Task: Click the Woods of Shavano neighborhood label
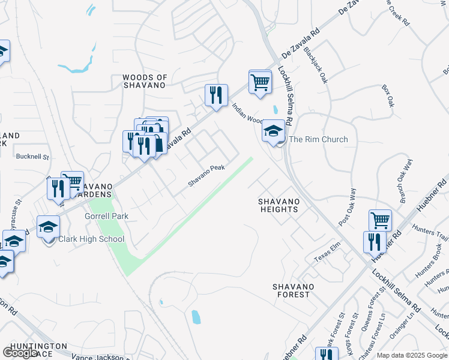[144, 81]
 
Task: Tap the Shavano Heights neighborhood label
[279, 205]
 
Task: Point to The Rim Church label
[318, 139]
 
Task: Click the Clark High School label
[91, 239]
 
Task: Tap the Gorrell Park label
[107, 215]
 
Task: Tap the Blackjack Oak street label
[316, 65]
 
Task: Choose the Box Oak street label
[388, 95]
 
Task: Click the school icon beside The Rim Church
[273, 131]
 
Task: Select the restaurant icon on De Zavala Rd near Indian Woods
[216, 95]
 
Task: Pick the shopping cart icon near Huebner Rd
[380, 221]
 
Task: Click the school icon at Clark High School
[49, 227]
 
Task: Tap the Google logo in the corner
[21, 353]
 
